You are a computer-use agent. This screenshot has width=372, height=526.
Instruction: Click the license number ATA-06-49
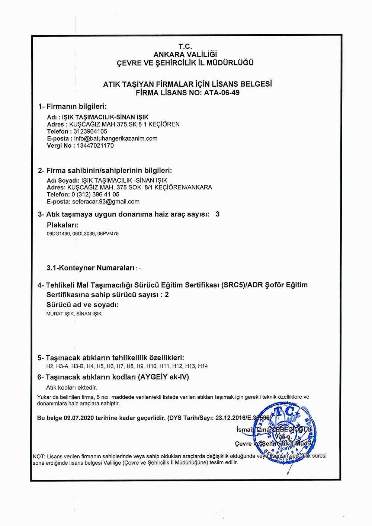tap(222, 93)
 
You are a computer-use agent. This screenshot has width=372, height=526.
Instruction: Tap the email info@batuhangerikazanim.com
tap(116, 138)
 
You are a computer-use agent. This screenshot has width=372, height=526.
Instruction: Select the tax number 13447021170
tap(95, 145)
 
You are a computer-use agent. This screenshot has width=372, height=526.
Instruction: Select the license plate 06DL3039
tap(84, 234)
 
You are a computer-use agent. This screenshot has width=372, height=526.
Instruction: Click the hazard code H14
tap(203, 366)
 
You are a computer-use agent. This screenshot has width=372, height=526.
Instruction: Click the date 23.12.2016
tap(229, 418)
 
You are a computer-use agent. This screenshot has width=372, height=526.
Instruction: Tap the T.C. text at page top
tap(185, 46)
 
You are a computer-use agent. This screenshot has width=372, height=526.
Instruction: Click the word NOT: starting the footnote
tap(39, 456)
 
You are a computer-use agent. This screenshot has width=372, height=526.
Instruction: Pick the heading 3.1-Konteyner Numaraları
tap(91, 268)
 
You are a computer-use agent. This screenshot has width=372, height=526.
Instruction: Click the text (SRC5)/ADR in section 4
tap(241, 285)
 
